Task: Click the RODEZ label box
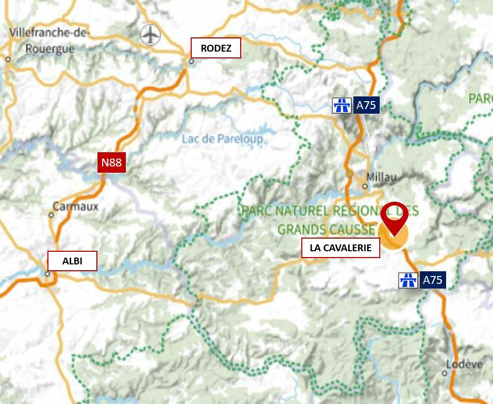pyautogui.click(x=216, y=48)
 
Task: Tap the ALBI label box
pyautogui.click(x=72, y=261)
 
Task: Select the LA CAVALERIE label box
pyautogui.click(x=340, y=248)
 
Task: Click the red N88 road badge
pyautogui.click(x=111, y=162)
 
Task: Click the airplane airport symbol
pyautogui.click(x=151, y=35)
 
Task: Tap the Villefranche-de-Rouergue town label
pyautogui.click(x=49, y=41)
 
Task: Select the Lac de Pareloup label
pyautogui.click(x=222, y=139)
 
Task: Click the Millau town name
pyautogui.click(x=382, y=177)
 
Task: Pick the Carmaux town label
pyautogui.click(x=76, y=206)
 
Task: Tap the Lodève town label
pyautogui.click(x=464, y=364)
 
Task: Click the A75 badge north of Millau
pyautogui.click(x=366, y=105)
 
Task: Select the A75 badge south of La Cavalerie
pyautogui.click(x=432, y=280)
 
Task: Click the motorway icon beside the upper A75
pyautogui.click(x=342, y=105)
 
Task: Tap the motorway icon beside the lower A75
pyautogui.click(x=408, y=280)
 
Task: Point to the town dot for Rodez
pyautogui.click(x=191, y=61)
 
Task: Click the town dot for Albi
pyautogui.click(x=47, y=274)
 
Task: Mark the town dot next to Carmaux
pyautogui.click(x=51, y=215)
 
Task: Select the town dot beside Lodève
pyautogui.click(x=445, y=373)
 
